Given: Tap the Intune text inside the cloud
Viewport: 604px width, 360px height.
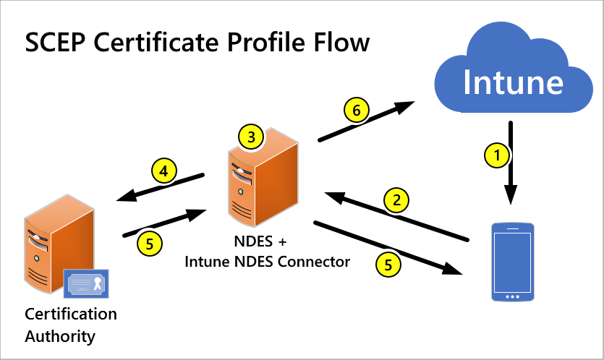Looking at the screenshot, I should pos(513,81).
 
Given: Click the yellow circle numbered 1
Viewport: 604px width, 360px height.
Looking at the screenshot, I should pos(495,153).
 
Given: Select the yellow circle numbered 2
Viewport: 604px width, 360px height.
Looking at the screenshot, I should pos(396,200).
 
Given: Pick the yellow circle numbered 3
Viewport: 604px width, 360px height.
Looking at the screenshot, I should pos(251,136).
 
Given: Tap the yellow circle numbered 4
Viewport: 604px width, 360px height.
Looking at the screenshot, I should pos(164,172).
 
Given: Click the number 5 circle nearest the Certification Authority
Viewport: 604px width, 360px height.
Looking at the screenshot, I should pos(150,244).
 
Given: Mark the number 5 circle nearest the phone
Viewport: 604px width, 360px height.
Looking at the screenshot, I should pos(388,265).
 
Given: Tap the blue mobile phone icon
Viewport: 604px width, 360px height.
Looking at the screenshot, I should pos(512,262).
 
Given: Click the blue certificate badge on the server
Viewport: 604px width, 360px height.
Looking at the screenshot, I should pos(85,283).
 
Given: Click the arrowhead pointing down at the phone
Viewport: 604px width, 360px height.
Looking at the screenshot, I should pos(511,194).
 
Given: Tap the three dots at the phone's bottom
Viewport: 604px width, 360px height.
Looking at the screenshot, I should pos(512,296).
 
